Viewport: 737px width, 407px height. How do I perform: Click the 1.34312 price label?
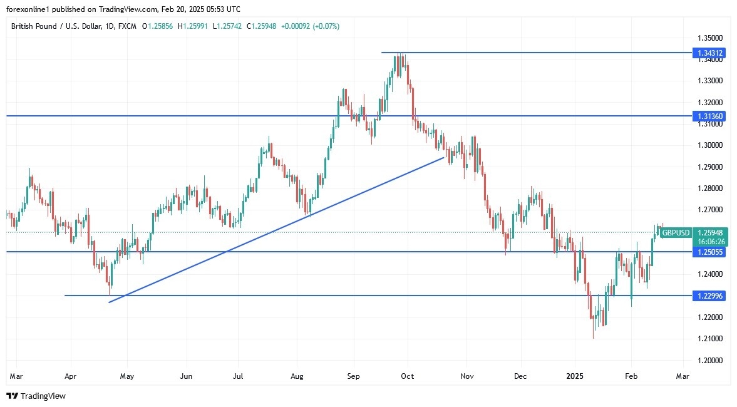[710, 53]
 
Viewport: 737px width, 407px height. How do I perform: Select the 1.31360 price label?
[710, 116]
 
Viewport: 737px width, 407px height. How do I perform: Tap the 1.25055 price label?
[710, 252]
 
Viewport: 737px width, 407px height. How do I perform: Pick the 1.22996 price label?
[710, 296]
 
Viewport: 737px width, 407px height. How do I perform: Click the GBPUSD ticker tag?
[676, 233]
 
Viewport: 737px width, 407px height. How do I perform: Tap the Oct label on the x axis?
[407, 377]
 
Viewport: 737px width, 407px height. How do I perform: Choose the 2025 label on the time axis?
[575, 377]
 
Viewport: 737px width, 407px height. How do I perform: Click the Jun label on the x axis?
[187, 377]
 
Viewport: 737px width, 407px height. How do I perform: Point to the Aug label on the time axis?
[297, 377]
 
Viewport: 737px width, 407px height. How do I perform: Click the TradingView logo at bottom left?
[36, 396]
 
